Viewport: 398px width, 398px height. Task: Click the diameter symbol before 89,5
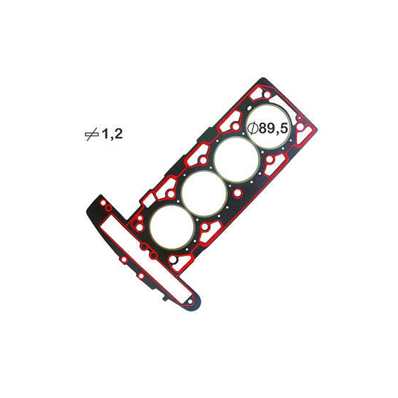(x=253, y=129)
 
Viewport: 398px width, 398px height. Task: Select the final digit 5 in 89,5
(x=284, y=129)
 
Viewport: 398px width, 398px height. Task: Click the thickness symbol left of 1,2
(x=92, y=134)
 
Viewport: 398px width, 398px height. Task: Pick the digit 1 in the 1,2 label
(x=105, y=133)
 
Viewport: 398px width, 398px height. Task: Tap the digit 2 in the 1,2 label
(x=118, y=133)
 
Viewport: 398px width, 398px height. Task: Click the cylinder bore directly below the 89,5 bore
(x=236, y=160)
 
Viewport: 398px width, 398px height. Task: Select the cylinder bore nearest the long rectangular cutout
(x=172, y=227)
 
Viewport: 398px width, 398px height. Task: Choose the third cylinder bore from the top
(x=204, y=193)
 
